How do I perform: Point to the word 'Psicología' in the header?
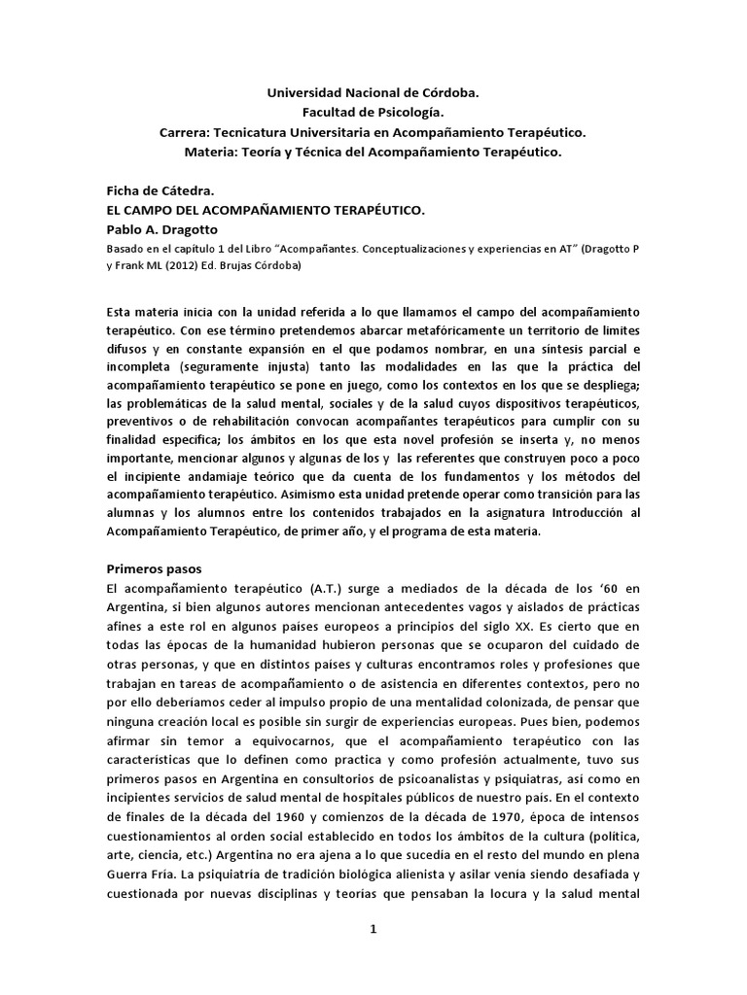(x=409, y=113)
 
